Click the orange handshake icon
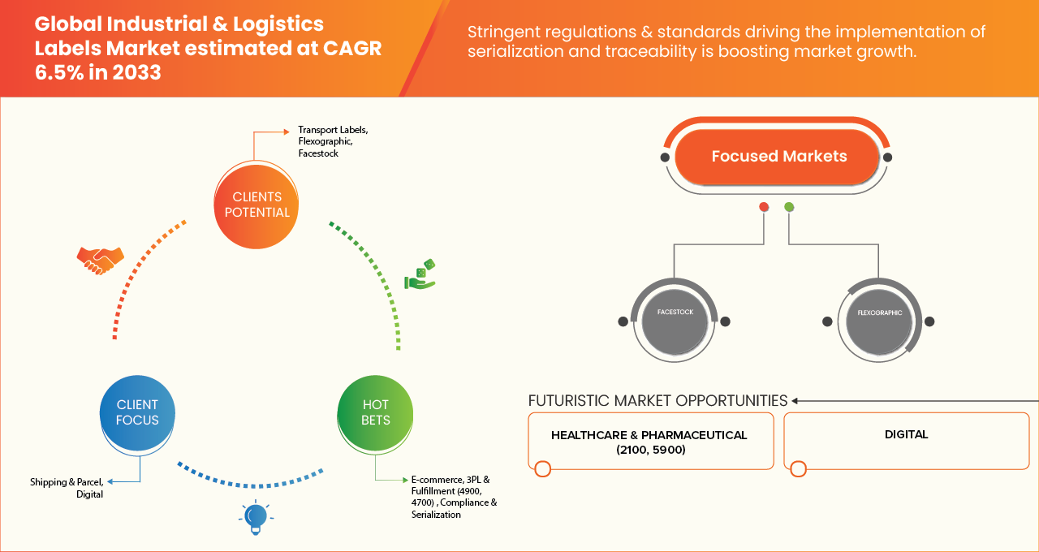pos(100,261)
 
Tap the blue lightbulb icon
pos(256,518)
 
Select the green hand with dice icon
pos(420,274)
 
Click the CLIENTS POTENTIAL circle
pos(257,205)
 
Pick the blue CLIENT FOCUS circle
pos(137,412)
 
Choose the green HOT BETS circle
pos(375,412)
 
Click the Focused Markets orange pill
pos(777,157)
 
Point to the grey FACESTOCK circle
pos(675,321)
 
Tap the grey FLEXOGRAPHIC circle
pos(879,321)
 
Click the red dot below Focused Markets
pos(764,207)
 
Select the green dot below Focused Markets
pos(789,207)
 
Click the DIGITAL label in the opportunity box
pos(907,434)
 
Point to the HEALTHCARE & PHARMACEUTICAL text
pos(649,435)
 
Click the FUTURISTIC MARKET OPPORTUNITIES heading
pos(657,400)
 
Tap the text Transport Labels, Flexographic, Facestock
pos(333,141)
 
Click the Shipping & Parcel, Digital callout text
pos(67,488)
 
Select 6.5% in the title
pos(59,72)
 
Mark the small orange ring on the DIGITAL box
pos(798,468)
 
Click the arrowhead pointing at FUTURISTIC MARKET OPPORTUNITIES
pos(795,401)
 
